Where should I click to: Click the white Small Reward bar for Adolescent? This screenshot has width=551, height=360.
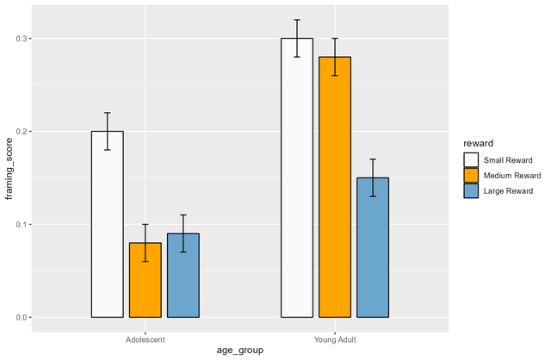click(108, 224)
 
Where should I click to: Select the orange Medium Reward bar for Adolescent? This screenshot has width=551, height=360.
click(145, 280)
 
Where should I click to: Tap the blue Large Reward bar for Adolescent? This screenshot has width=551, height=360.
click(183, 275)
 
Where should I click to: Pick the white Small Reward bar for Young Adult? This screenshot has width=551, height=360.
click(297, 177)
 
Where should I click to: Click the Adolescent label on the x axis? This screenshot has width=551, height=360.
click(145, 339)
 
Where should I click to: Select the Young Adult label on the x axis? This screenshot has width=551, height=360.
click(335, 339)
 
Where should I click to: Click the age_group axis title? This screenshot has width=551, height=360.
click(239, 351)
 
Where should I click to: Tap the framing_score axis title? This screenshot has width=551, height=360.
click(9, 169)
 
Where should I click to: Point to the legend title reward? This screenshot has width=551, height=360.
click(477, 142)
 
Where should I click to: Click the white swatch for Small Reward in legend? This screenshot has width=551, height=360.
click(471, 160)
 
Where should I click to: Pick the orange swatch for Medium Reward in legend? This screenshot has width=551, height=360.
click(471, 176)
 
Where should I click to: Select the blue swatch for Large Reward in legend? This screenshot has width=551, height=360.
click(471, 190)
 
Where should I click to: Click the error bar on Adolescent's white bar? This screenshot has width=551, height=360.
click(108, 131)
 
